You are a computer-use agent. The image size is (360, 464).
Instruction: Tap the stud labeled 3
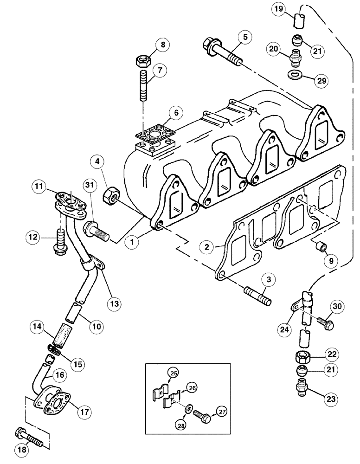[256, 295]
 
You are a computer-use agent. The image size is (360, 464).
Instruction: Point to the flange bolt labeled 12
[61, 240]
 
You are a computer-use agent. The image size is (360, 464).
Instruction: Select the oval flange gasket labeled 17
[55, 402]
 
